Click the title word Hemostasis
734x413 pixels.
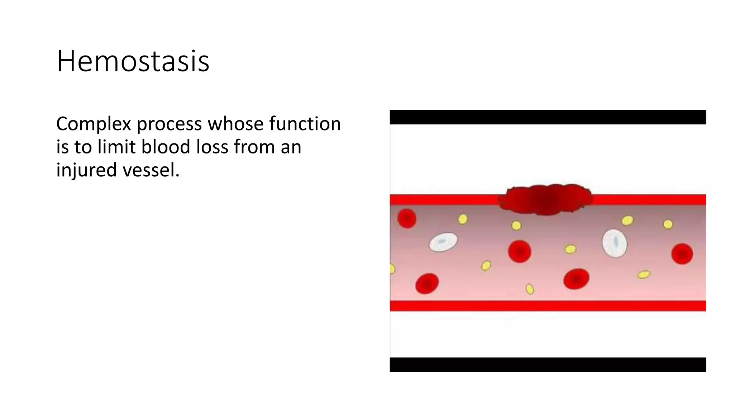tap(133, 61)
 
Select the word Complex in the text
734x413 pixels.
tap(94, 124)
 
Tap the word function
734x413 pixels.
tap(305, 124)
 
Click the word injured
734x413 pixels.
tap(86, 170)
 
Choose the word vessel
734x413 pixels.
tap(151, 170)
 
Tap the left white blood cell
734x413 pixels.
tap(443, 242)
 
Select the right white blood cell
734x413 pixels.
tap(614, 243)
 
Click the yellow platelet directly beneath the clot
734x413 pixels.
tap(516, 226)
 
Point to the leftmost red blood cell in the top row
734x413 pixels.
tap(407, 218)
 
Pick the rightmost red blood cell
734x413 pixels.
tap(682, 254)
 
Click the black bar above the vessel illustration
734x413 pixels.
tap(548, 117)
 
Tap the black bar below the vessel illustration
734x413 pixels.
tap(548, 365)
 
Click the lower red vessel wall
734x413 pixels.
tap(548, 306)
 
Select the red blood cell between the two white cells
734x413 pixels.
tap(519, 251)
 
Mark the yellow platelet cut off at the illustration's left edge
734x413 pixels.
tap(392, 269)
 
